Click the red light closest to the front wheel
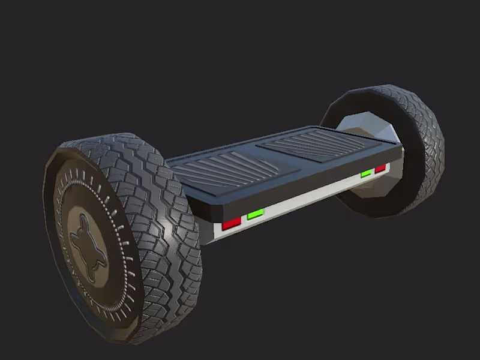click(232, 224)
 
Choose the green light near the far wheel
click(366, 173)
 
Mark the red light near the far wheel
click(380, 169)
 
